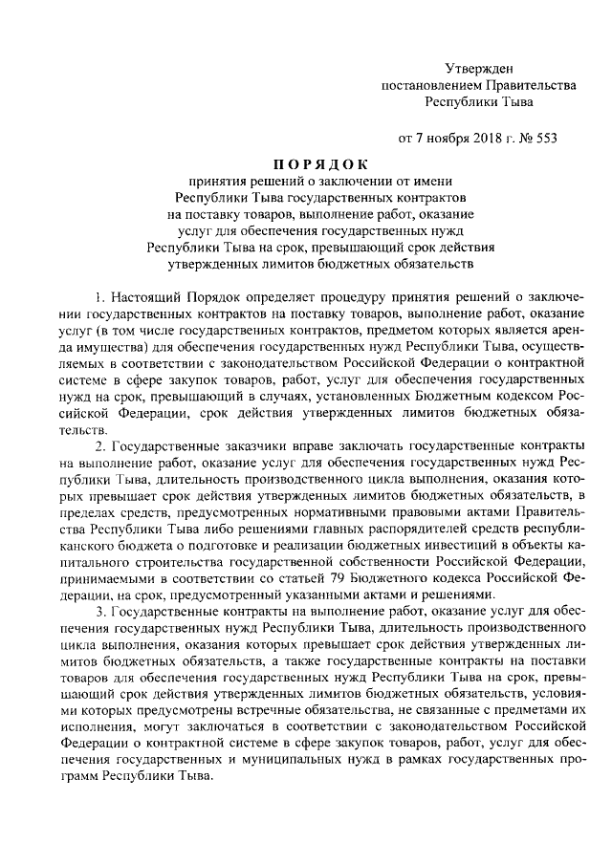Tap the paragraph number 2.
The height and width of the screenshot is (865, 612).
[x=100, y=446]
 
